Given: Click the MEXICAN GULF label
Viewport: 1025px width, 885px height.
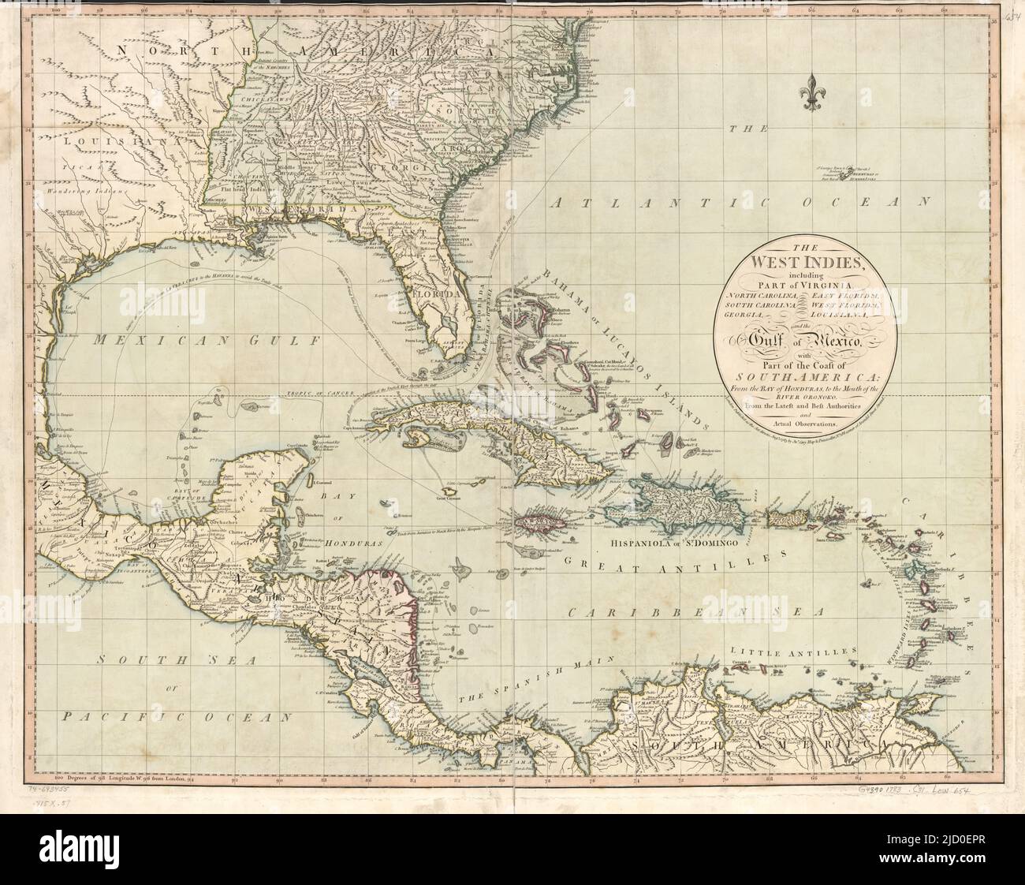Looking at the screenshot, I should coord(198,341).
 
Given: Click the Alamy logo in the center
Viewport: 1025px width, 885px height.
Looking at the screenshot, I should coord(512,442).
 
